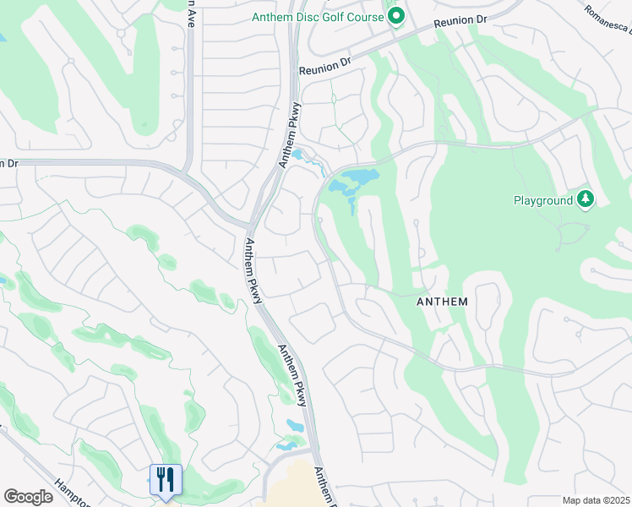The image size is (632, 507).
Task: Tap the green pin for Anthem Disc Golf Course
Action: (x=395, y=17)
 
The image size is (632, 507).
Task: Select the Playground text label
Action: (x=543, y=200)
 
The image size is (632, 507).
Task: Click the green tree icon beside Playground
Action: (x=585, y=199)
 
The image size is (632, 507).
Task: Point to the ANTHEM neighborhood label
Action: (x=442, y=301)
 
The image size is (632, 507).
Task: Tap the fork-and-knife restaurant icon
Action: (x=166, y=479)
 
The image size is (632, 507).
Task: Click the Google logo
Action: (x=28, y=497)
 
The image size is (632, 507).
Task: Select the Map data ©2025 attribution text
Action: (x=595, y=500)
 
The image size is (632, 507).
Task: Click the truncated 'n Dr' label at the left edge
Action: (x=8, y=162)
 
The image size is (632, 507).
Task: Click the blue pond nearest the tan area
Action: (x=287, y=443)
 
